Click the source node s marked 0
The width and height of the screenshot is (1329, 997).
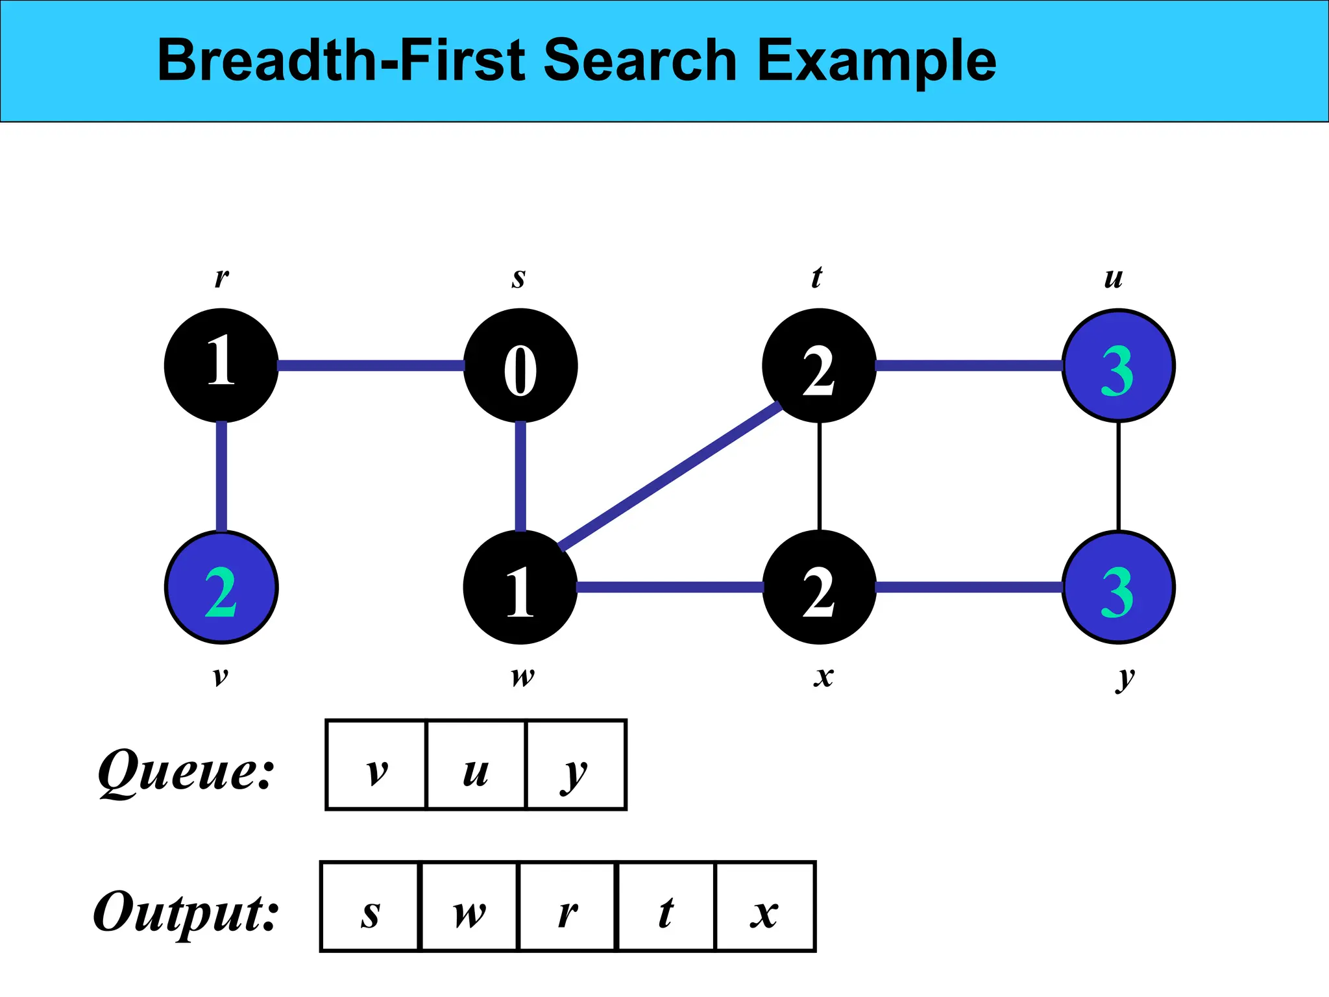click(x=520, y=365)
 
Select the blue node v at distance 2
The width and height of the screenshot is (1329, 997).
click(x=221, y=587)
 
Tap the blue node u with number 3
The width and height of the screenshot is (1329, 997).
click(x=1118, y=366)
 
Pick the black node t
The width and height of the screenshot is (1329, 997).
click(x=819, y=365)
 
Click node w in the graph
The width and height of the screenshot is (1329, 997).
click(x=520, y=587)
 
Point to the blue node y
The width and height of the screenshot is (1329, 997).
click(x=1118, y=587)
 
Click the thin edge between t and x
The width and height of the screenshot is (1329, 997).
click(x=820, y=476)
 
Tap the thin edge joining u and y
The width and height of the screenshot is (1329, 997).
click(x=1118, y=476)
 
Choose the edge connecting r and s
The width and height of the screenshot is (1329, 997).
click(x=371, y=366)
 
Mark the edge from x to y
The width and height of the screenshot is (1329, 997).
click(x=969, y=587)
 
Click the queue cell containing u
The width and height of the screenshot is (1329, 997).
click(x=476, y=765)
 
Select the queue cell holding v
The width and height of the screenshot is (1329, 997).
click(x=376, y=765)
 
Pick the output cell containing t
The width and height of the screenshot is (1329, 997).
click(x=666, y=907)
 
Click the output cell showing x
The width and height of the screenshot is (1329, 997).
click(x=765, y=907)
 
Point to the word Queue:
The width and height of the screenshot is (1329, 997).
click(x=187, y=771)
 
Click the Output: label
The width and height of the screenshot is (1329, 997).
click(x=186, y=912)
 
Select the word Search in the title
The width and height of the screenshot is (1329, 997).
click(x=639, y=60)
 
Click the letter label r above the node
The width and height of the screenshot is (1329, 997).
click(x=221, y=277)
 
